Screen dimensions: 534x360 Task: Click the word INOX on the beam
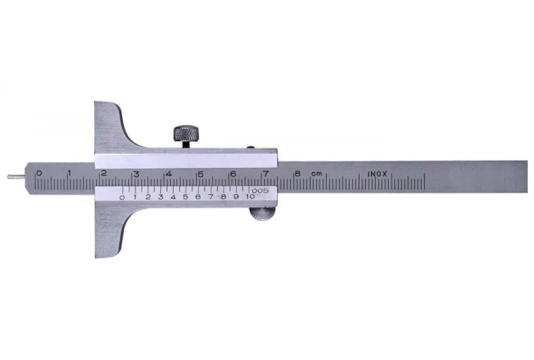(x=377, y=174)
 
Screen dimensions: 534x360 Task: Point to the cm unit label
(x=316, y=174)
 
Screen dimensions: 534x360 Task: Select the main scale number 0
(x=39, y=173)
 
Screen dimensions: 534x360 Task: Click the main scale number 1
(x=70, y=173)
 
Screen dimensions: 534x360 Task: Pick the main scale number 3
(x=136, y=174)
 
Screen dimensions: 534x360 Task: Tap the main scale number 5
(x=201, y=174)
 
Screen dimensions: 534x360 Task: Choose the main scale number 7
(x=266, y=174)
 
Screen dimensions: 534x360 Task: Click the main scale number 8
(x=298, y=174)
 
